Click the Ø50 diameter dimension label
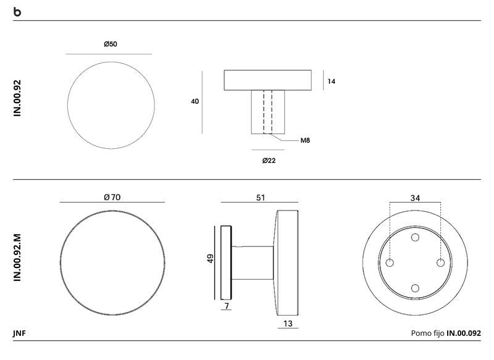(111, 44)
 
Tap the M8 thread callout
(305, 140)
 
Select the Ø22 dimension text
(269, 161)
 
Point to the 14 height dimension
(331, 82)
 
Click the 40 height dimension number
(195, 101)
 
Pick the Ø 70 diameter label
(112, 197)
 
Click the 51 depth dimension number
(260, 198)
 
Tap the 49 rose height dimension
(210, 259)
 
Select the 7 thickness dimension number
(227, 306)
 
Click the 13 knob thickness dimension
(288, 324)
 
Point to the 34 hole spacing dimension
(415, 198)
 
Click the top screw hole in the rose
(415, 237)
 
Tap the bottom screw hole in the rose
(415, 288)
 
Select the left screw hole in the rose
(390, 262)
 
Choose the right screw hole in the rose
(440, 262)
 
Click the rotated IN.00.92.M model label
(17, 257)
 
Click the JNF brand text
(19, 333)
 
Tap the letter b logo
(17, 12)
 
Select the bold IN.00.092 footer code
(464, 333)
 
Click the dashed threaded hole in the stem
(268, 112)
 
